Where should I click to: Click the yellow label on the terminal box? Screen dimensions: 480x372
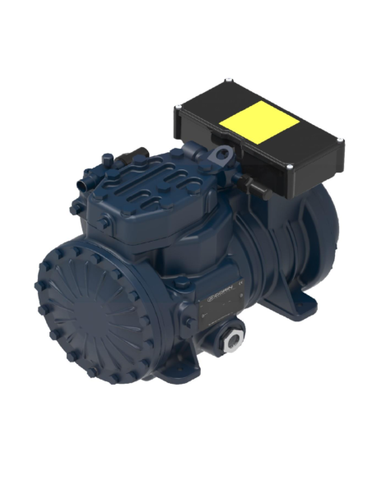point(259,123)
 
